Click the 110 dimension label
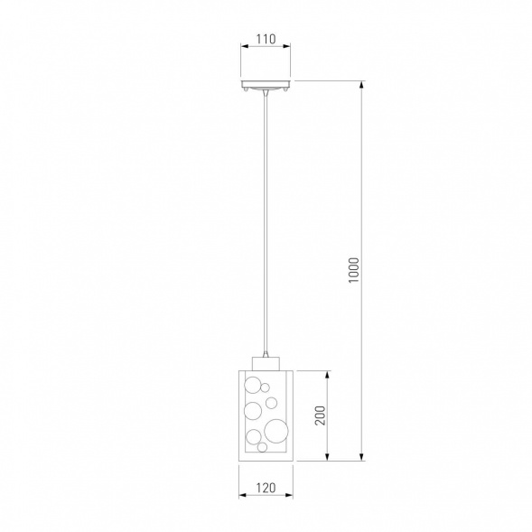tap(266, 40)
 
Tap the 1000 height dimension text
tap(353, 270)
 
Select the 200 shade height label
tap(320, 415)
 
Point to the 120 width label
tap(266, 488)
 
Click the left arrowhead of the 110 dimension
tap(244, 46)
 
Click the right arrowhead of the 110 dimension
tap(287, 46)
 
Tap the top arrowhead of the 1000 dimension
tap(362, 85)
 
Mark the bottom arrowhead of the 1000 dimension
tap(362, 457)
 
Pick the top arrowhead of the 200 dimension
tap(327, 375)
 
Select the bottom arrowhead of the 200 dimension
tap(327, 457)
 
